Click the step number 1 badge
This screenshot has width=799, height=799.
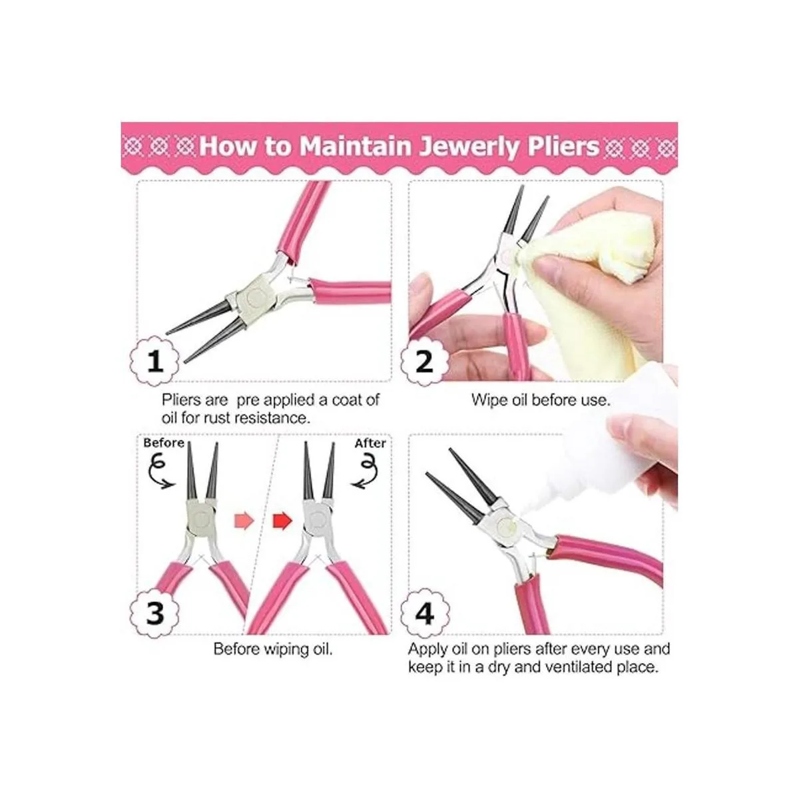pos(155,361)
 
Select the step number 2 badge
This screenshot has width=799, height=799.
pos(425,361)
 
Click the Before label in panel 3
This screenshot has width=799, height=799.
pos(164,443)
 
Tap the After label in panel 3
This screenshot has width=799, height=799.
pos(370,443)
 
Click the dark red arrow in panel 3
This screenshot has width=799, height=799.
pos(282,521)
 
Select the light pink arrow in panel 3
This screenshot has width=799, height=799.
pos(244,521)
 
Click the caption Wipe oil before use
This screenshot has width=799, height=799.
pos(541,400)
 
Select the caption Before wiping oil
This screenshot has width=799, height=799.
pos(273,649)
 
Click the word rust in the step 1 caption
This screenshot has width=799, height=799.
pos(218,418)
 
